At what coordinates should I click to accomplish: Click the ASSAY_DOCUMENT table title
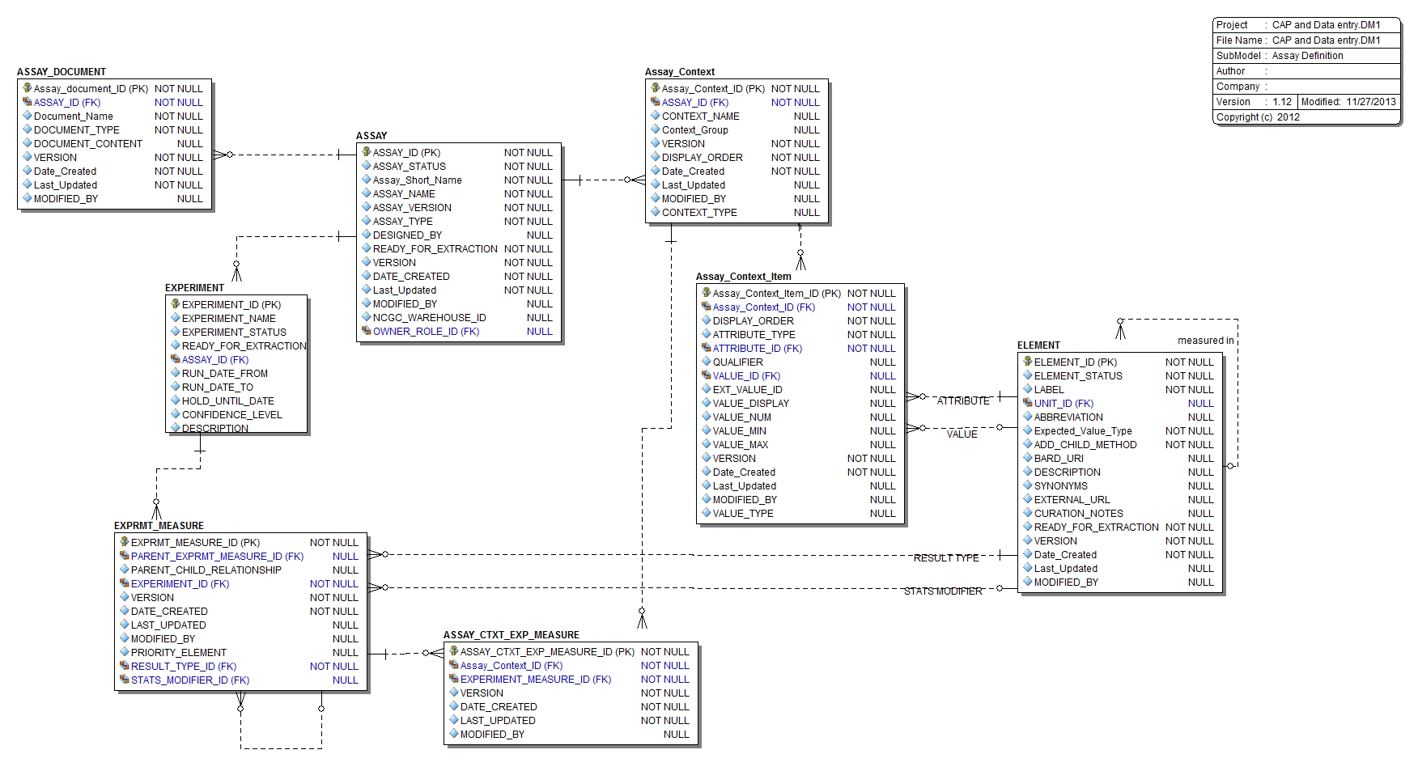(x=62, y=72)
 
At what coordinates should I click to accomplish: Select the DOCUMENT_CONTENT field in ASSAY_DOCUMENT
(x=87, y=144)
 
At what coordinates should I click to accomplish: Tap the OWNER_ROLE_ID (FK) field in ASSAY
(x=426, y=332)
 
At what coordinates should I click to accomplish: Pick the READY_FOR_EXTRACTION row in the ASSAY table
(x=435, y=249)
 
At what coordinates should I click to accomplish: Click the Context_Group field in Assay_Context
(x=694, y=130)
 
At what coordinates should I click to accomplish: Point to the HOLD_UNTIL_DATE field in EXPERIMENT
(x=227, y=401)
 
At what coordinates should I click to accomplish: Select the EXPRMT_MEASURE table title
(x=159, y=526)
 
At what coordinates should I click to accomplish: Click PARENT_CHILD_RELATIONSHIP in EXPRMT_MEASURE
(x=206, y=570)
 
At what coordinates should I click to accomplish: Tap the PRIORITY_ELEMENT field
(x=178, y=653)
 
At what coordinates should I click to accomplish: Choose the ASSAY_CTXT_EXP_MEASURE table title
(x=511, y=635)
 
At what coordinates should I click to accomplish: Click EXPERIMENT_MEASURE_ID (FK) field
(x=535, y=680)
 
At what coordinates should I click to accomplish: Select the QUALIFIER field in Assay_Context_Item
(x=737, y=362)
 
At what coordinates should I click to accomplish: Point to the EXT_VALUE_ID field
(x=747, y=390)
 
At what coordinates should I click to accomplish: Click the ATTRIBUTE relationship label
(x=962, y=401)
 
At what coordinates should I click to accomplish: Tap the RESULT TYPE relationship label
(x=945, y=558)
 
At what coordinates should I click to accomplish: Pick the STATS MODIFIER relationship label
(x=942, y=591)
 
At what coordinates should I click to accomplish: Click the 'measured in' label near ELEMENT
(x=1205, y=341)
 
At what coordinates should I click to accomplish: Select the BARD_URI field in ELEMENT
(x=1058, y=459)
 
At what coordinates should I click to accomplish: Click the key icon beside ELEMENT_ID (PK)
(x=1027, y=362)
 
